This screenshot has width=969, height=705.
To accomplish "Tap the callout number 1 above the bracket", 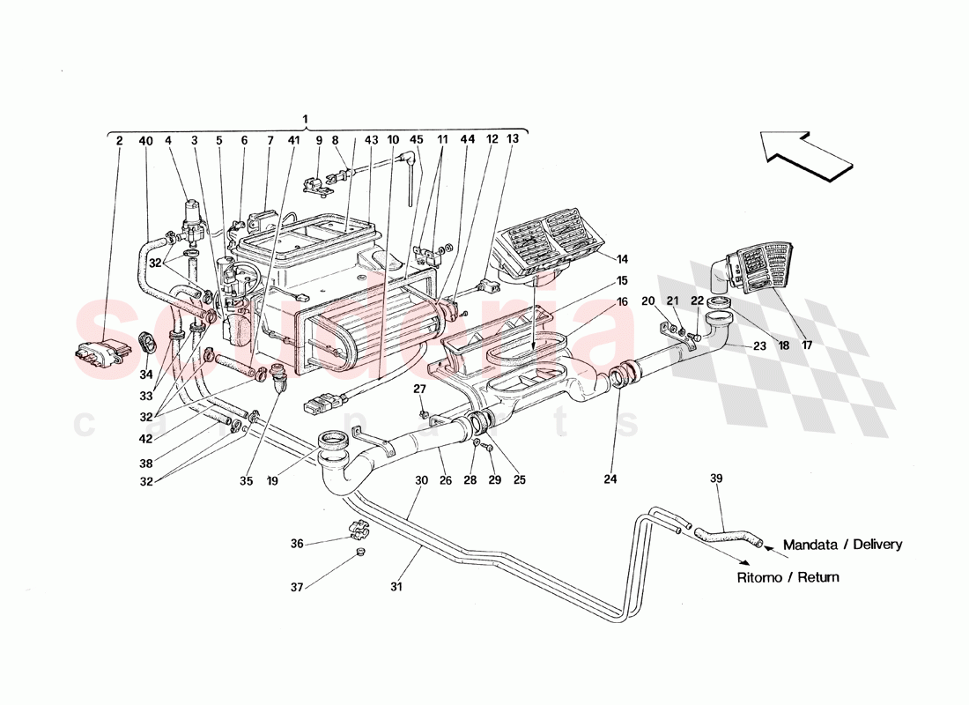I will pos(305,119).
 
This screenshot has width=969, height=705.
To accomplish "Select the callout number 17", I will pos(807,346).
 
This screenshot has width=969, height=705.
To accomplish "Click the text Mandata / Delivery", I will pos(841,545).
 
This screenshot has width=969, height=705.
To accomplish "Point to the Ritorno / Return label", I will pos(788,577).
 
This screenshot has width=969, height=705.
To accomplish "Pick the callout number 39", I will pos(717,478).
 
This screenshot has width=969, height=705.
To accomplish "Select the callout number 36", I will pos(298,545).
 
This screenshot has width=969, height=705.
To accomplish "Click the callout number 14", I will pos(623,260).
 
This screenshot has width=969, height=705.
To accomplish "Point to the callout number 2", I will pos(120,140).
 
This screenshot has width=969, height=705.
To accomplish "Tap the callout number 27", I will pos(420,388).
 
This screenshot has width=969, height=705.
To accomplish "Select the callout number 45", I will pos(417,140).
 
